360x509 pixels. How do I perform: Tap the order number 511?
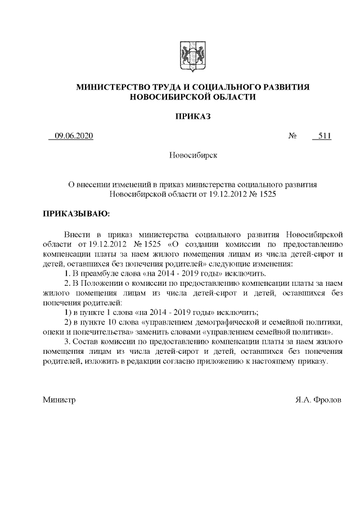click(324, 136)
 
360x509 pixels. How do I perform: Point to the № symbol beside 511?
click(292, 136)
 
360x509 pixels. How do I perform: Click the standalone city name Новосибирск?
click(193, 155)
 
